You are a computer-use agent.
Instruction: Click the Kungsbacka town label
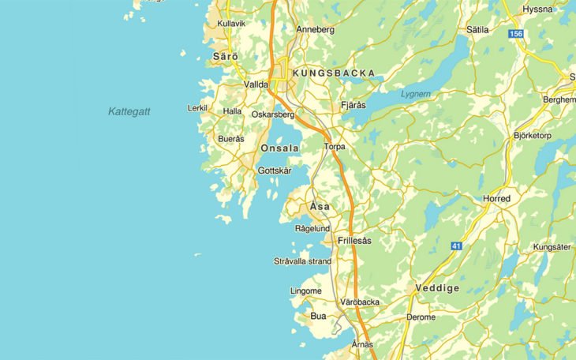pos(334,73)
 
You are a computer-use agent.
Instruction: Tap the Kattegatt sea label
pos(129,111)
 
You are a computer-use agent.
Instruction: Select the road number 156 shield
pos(516,34)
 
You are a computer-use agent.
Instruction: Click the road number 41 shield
pos(456,247)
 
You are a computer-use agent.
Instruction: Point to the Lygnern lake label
pos(416,93)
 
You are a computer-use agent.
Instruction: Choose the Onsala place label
pos(279,148)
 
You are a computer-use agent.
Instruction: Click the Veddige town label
pos(437,288)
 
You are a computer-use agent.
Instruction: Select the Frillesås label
pos(353,240)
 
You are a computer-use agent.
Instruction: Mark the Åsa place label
pos(320,206)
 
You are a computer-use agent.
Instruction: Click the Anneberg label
pos(316,29)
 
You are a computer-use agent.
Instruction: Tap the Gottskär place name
pos(275,171)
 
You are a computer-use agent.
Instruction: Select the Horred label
pos(497,198)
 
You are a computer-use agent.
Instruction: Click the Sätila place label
pos(478,29)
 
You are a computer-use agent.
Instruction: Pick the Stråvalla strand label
pos(302,261)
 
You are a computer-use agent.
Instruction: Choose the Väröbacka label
pos(360,302)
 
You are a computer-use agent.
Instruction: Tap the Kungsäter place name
pos(552,247)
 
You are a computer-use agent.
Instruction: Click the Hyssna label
pos(538,9)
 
